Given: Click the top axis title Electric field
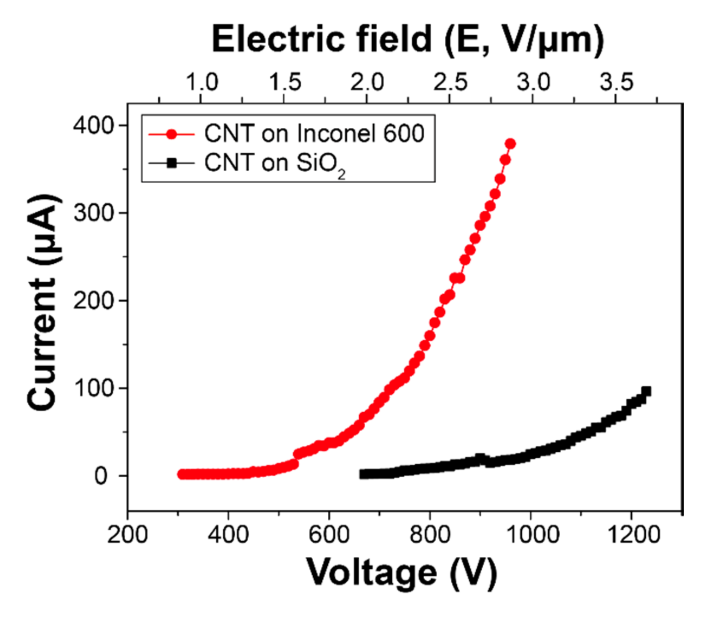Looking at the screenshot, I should [408, 39].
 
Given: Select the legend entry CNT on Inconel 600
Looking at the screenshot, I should [314, 133].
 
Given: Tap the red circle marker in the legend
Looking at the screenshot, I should [171, 134].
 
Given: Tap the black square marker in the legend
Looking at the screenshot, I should [171, 163].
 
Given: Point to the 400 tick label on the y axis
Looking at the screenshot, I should [94, 126].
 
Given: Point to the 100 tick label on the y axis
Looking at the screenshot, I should [94, 388].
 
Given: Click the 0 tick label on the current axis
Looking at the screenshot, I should [101, 476].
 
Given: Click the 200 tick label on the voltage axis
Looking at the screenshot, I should [127, 535].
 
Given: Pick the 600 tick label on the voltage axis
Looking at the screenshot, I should [329, 535].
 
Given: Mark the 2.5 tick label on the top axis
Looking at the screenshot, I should [450, 82].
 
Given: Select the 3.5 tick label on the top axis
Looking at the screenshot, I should [616, 82].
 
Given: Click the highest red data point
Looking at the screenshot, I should [510, 144].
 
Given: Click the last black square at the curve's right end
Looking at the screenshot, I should [646, 391].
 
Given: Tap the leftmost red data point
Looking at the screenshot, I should [182, 474].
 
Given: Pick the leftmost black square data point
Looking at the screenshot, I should [364, 474].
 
